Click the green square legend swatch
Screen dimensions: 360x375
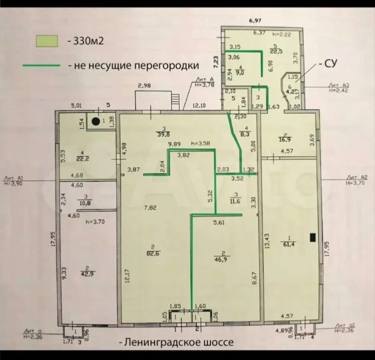click(47, 41)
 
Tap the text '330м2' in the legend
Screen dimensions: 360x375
click(89, 41)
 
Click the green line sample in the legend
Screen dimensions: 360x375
click(42, 66)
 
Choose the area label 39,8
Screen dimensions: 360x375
click(164, 134)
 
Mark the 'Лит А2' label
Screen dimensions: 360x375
click(355, 177)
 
